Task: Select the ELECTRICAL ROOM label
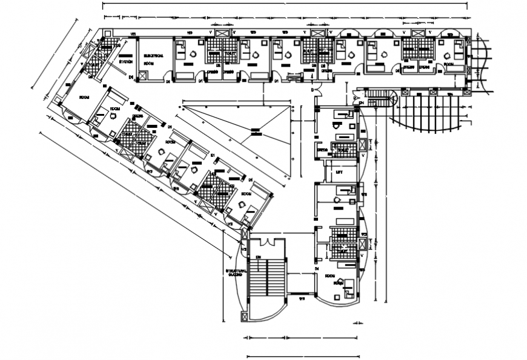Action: click(151, 59)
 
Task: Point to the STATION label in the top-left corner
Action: click(126, 61)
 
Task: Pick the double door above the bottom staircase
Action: click(267, 242)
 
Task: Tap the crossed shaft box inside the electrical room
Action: click(144, 76)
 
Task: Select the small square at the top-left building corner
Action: click(108, 33)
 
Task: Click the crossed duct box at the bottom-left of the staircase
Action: click(245, 316)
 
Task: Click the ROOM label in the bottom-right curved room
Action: click(330, 276)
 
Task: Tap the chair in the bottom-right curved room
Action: click(340, 283)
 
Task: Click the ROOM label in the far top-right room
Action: click(449, 64)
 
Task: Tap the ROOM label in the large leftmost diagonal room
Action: click(85, 97)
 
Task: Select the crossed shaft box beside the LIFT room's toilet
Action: click(362, 145)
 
